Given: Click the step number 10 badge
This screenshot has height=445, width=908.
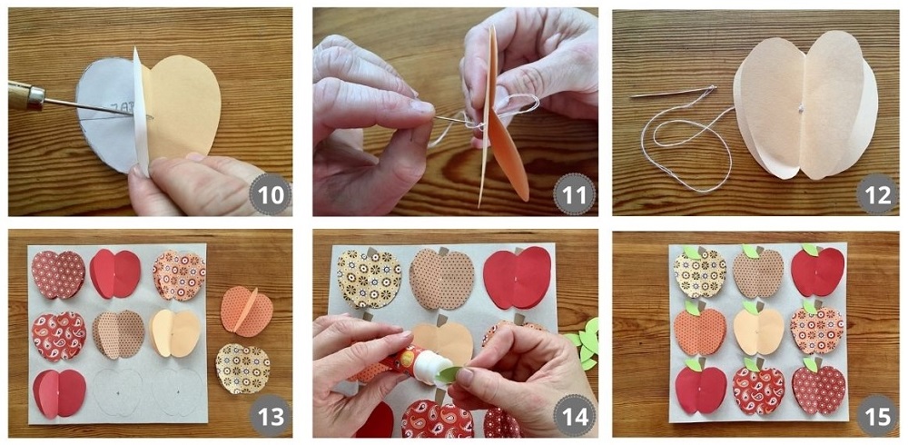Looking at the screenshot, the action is pyautogui.click(x=271, y=194).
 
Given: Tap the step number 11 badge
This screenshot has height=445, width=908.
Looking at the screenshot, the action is pyautogui.click(x=575, y=194).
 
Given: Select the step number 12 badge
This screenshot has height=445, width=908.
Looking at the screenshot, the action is pyautogui.click(x=878, y=194).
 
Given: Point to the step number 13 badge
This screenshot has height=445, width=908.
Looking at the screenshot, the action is pyautogui.click(x=271, y=416).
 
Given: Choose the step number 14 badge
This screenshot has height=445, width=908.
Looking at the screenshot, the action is pyautogui.click(x=575, y=416).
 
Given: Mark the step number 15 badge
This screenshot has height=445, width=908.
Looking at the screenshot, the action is pyautogui.click(x=878, y=416).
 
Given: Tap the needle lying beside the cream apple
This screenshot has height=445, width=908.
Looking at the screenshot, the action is pyautogui.click(x=673, y=92).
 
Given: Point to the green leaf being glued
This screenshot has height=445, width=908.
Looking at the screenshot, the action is pyautogui.click(x=448, y=375).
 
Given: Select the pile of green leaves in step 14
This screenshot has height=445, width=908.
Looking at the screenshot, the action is pyautogui.click(x=585, y=341).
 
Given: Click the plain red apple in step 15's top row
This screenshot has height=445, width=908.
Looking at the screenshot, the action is pyautogui.click(x=817, y=271).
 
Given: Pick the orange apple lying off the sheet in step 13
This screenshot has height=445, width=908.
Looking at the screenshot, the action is pyautogui.click(x=246, y=311).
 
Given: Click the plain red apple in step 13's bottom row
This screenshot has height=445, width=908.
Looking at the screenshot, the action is pyautogui.click(x=59, y=393).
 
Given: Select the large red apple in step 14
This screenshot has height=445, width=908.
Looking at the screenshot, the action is pyautogui.click(x=517, y=277).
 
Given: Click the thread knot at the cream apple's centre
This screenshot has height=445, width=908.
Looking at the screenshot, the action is pyautogui.click(x=801, y=108).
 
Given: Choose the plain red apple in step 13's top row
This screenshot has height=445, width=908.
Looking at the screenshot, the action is pyautogui.click(x=114, y=273).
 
